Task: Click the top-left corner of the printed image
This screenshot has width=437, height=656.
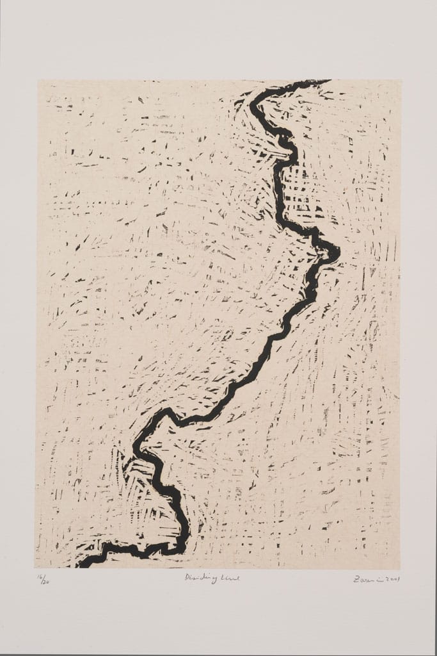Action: pos(37,80)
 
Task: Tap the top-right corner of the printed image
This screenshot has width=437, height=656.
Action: pos(401,80)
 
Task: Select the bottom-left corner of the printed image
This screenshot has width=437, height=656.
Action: pos(36,568)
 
